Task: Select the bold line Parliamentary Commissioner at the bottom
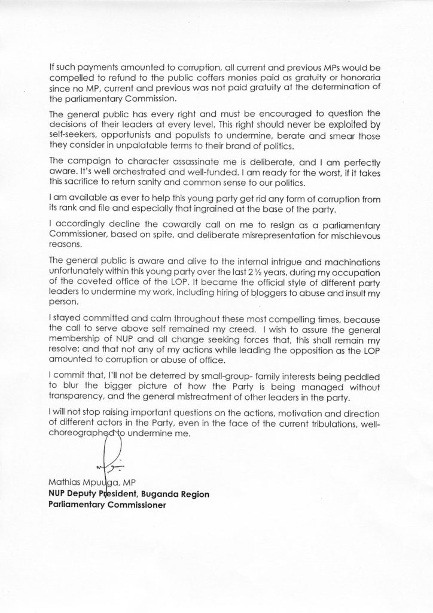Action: (107, 504)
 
